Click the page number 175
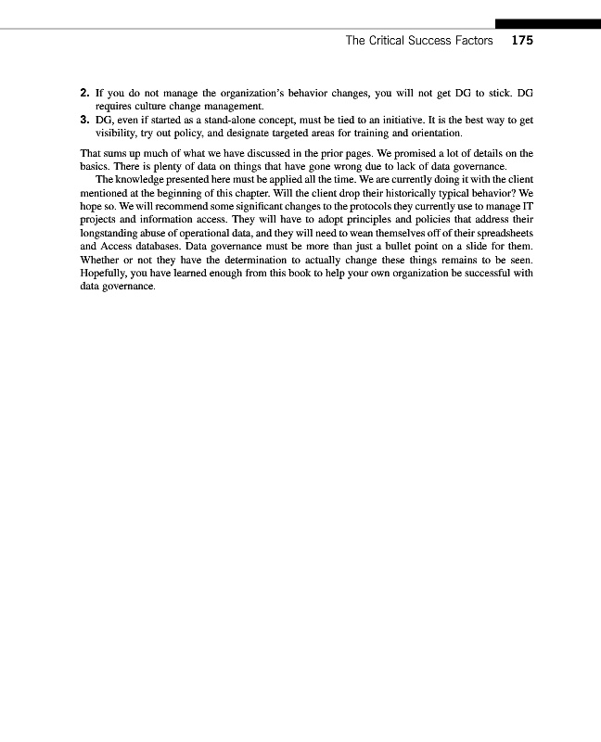tap(522, 41)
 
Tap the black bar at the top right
tap(547, 23)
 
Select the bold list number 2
tap(84, 94)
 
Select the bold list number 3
tap(84, 121)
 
